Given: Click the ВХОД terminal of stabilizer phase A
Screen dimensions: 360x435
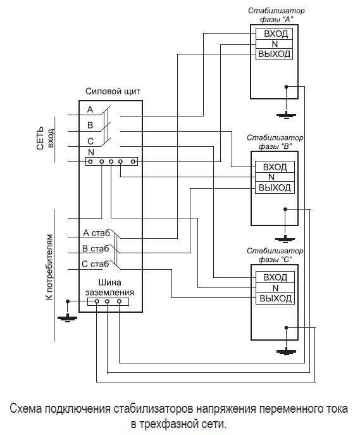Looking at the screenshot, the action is click(274, 34).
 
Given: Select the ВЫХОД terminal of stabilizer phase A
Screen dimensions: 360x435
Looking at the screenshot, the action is click(274, 54).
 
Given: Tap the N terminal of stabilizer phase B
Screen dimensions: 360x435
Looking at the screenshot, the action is click(275, 177).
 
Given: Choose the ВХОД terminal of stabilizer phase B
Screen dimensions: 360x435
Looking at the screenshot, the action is click(275, 167).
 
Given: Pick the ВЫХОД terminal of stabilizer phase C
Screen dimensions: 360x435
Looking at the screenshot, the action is click(275, 298).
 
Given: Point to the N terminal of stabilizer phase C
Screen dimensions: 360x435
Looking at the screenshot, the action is click(275, 288).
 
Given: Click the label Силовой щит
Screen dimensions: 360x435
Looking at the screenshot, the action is click(113, 91).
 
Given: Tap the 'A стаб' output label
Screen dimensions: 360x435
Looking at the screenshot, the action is click(96, 233).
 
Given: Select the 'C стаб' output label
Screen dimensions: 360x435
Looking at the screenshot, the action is click(96, 264).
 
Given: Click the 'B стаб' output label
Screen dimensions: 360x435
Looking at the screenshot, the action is click(96, 249).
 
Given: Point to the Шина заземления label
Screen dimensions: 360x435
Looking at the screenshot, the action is click(109, 287).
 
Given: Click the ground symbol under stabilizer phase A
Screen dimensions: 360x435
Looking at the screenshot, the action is click(286, 115).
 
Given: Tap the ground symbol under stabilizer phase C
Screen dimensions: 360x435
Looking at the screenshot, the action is click(286, 352).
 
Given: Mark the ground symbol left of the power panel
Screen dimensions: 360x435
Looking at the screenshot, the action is click(67, 318).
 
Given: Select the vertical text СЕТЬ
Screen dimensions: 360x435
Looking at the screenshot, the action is click(40, 138).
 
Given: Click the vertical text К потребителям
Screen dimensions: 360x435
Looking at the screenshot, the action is click(49, 267).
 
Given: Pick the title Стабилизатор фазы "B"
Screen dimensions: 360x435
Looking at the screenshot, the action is click(275, 142).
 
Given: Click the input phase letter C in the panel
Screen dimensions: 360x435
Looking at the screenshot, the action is click(90, 141).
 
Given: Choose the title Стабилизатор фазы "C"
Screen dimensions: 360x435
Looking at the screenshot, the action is click(275, 255).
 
